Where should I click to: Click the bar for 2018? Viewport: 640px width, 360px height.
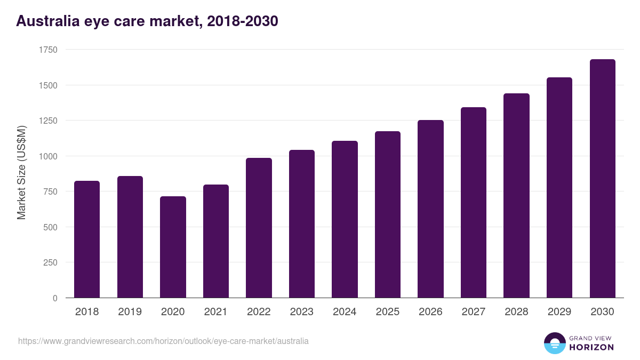coord(87,239)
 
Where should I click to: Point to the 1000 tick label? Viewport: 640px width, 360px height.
coord(48,156)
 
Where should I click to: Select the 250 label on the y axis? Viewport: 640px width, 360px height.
coord(50,262)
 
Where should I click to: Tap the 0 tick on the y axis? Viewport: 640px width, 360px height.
coord(55,298)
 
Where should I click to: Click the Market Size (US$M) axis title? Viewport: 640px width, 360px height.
coord(21,172)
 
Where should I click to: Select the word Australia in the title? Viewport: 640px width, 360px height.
coord(46,21)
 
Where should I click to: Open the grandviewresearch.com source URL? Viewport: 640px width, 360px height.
coord(163,341)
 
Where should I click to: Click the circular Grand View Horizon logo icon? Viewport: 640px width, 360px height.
coord(555,343)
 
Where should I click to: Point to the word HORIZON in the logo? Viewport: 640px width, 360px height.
coord(591,347)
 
